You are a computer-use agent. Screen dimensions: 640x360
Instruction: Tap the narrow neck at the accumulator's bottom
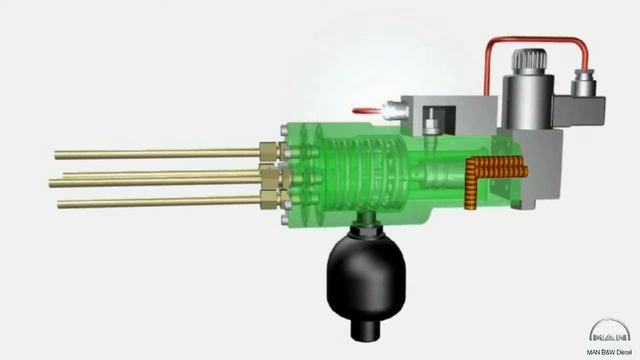[x=366, y=330]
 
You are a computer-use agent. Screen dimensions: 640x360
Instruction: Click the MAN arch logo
[x=610, y=331]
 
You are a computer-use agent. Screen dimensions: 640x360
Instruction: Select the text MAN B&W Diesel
[x=609, y=352]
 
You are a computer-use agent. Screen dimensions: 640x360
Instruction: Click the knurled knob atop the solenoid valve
[x=529, y=61]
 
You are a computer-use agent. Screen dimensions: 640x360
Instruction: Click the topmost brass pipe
[x=158, y=154]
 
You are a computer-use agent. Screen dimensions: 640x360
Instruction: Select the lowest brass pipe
[x=159, y=202]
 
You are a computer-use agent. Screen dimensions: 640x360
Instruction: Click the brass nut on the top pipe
[x=270, y=151]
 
